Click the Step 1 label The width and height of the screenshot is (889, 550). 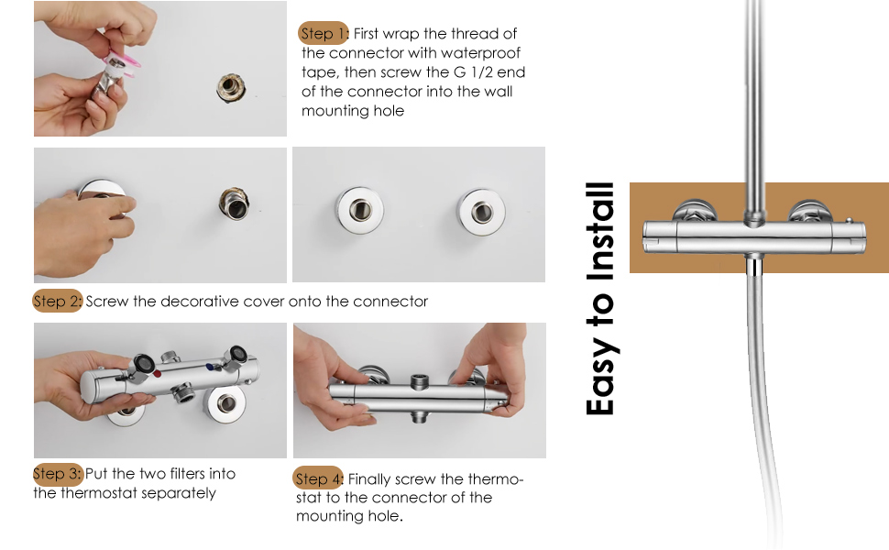pyautogui.click(x=324, y=34)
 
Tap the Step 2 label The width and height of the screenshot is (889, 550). pyautogui.click(x=58, y=301)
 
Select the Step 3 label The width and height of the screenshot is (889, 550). pyautogui.click(x=58, y=474)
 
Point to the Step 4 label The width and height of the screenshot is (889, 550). pyautogui.click(x=318, y=478)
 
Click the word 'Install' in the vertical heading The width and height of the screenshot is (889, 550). pyautogui.click(x=600, y=229)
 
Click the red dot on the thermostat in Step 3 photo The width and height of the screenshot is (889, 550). pyautogui.click(x=158, y=374)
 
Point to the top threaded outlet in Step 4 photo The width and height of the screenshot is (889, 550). pyautogui.click(x=421, y=356)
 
